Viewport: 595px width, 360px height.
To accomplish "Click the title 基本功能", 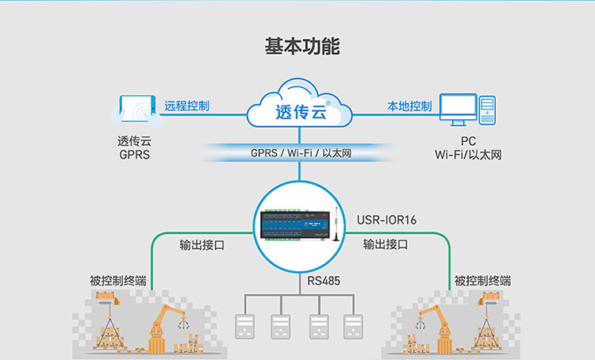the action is [x=302, y=46].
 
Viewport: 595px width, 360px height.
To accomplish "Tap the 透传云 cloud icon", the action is [x=299, y=103].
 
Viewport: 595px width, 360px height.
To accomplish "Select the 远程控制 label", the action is [x=186, y=105].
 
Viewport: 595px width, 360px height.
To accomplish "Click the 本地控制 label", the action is [x=409, y=106].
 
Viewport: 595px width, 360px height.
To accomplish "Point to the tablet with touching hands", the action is [x=137, y=111].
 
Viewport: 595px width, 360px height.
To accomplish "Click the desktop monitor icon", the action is [x=458, y=109].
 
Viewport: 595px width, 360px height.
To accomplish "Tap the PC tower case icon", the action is [x=487, y=110].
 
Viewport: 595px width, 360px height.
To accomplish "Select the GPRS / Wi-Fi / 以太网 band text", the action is [x=301, y=153].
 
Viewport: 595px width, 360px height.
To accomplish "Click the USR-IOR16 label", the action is [x=386, y=220].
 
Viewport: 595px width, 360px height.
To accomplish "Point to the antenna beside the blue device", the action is [x=336, y=224].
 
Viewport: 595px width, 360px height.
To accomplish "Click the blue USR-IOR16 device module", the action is [x=294, y=225].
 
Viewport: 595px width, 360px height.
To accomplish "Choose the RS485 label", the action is [x=324, y=281].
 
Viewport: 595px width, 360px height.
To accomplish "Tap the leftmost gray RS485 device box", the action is [x=245, y=326].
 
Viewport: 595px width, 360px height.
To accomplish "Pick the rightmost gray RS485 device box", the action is [x=353, y=326].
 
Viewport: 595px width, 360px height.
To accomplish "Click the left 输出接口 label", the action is [x=202, y=245].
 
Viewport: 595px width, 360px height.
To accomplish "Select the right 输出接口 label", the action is [x=386, y=245].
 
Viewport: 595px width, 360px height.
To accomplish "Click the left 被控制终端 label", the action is [x=118, y=281].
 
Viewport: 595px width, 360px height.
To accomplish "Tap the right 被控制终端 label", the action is [x=482, y=281].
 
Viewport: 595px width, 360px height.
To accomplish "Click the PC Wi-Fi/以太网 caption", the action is [x=468, y=148].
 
